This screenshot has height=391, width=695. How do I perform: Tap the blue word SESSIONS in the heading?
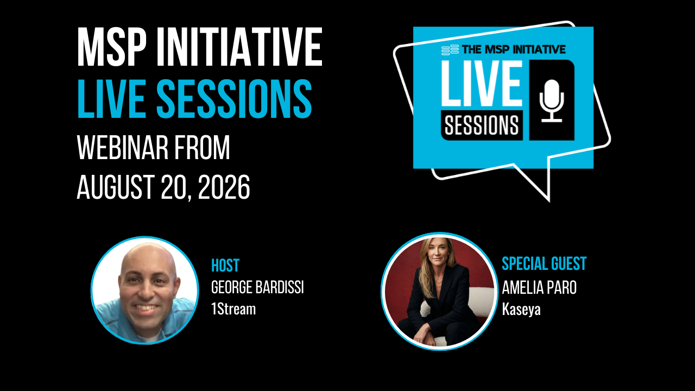(x=234, y=99)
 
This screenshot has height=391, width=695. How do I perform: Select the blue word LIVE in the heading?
(x=112, y=99)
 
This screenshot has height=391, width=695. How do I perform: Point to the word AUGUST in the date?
(x=116, y=187)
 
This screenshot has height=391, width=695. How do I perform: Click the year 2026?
(x=224, y=187)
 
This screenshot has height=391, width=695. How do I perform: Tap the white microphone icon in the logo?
(x=552, y=100)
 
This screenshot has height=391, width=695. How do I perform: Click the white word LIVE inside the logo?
(x=482, y=83)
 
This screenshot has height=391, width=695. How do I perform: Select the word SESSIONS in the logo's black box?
(x=482, y=125)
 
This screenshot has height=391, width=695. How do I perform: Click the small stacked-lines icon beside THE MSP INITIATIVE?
(x=450, y=50)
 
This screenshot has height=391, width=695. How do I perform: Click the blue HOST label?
(x=225, y=266)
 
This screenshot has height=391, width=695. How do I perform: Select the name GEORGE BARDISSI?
(x=257, y=287)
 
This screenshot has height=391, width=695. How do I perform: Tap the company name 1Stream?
(x=233, y=309)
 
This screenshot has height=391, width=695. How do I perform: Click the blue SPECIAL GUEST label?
(x=544, y=264)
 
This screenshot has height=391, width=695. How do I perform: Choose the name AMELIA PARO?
(x=539, y=287)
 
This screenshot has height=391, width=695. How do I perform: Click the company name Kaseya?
(x=521, y=310)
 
